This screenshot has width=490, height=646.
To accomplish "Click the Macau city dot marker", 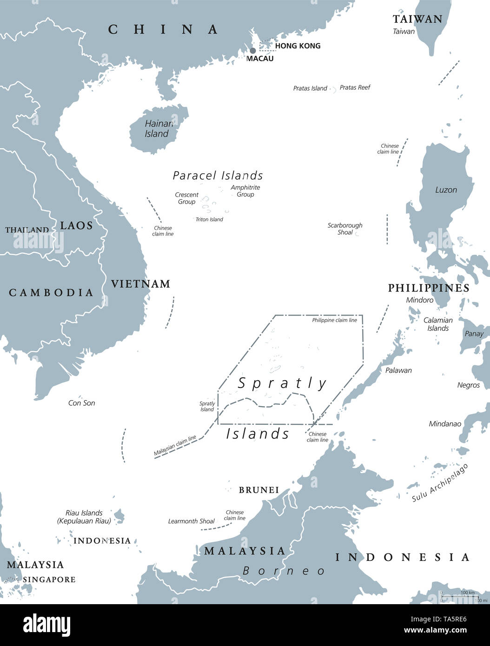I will (253, 50).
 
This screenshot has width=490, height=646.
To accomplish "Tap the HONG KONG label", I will (298, 46).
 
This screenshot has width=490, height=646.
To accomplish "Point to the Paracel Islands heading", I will (218, 175).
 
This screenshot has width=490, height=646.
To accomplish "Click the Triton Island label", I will (209, 219).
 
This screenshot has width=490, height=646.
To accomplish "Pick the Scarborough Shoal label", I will (344, 229).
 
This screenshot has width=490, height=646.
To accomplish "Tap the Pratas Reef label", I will (355, 87).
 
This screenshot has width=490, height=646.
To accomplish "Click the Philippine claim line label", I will (334, 320).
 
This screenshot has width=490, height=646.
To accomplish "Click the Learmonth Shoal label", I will (191, 521).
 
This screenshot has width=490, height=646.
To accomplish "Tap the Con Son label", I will (81, 403).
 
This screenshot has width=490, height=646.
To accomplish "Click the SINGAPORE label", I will (49, 580).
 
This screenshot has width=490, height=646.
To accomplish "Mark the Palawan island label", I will (398, 370).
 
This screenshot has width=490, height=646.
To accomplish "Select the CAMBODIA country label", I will (51, 292).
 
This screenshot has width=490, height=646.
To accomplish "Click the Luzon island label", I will (446, 190).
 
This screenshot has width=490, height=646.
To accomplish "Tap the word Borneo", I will (284, 571).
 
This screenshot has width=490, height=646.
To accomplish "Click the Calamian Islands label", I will (438, 324).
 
